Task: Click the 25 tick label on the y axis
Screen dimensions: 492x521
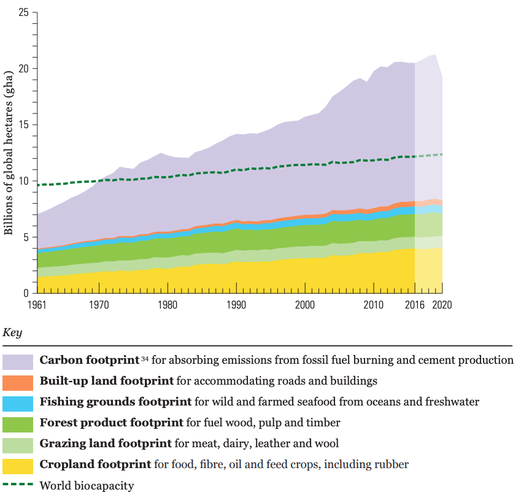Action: tap(23, 12)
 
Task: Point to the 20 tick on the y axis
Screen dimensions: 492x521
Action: tap(23, 69)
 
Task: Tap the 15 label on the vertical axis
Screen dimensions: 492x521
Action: tap(23, 125)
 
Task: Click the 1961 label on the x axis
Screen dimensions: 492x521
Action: tap(38, 304)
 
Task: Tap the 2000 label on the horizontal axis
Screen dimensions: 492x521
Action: tap(305, 304)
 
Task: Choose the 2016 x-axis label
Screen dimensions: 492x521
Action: tap(415, 304)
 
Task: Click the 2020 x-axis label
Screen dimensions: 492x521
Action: tap(441, 304)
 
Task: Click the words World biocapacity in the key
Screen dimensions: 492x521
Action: tap(87, 486)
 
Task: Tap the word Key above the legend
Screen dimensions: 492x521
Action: tap(12, 332)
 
